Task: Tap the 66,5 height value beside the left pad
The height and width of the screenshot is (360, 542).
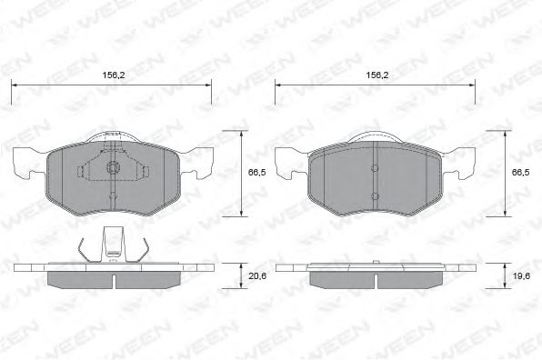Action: pyautogui.click(x=257, y=172)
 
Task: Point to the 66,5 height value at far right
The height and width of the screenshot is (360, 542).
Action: pyautogui.click(x=520, y=172)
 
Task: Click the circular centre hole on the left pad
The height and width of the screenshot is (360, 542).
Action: pyautogui.click(x=112, y=166)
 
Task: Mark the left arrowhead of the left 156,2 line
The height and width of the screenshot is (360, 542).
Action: pyautogui.click(x=14, y=86)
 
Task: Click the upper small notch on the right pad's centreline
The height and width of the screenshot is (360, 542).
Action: pyautogui.click(x=375, y=166)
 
